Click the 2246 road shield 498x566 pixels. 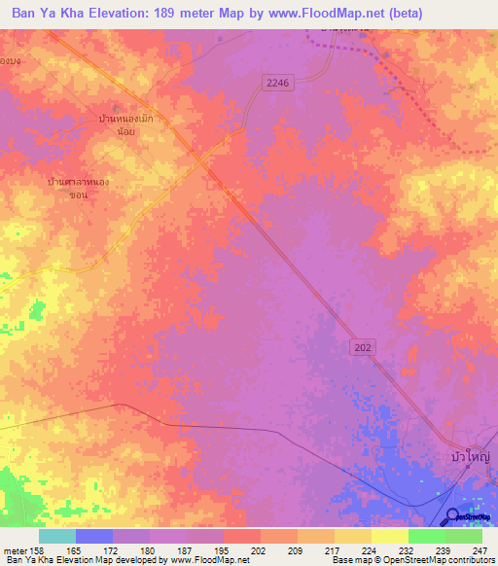tap(278, 84)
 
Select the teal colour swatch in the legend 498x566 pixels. tap(56, 536)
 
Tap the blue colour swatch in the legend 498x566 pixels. tap(94, 536)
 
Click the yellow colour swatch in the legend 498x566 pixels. tap(389, 536)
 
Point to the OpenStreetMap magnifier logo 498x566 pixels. tap(454, 517)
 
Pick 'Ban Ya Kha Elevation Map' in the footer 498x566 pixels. tap(55, 561)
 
